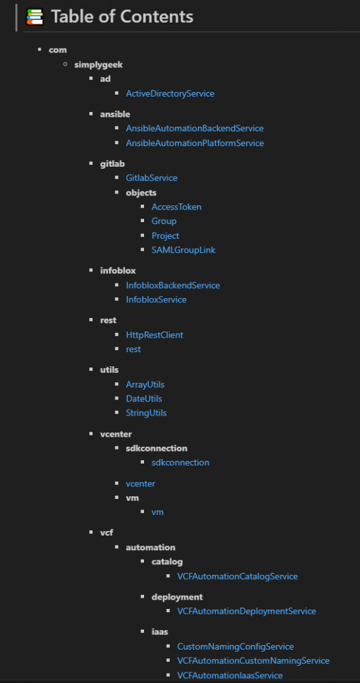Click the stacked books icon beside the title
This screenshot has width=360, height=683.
[35, 17]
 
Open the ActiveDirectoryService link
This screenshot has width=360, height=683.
[170, 93]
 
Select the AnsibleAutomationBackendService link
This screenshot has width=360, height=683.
[195, 129]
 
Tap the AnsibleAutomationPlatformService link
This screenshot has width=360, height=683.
[195, 143]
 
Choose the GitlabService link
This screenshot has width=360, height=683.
[151, 177]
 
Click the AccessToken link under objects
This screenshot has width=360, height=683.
[176, 207]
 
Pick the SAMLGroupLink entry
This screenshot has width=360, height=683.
[183, 250]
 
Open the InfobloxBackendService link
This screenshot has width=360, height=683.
[173, 285]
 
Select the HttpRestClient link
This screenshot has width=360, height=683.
[155, 335]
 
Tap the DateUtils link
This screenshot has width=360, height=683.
[144, 399]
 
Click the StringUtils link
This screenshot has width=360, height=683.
[146, 413]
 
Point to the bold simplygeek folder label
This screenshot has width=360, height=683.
[99, 65]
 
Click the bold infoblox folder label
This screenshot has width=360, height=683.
[118, 271]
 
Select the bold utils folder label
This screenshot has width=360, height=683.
[109, 370]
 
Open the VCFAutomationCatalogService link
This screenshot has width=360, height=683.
[237, 576]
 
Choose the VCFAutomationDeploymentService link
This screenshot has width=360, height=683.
[247, 611]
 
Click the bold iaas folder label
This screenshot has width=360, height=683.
[160, 632]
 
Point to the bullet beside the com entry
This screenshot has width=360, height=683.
[39, 49]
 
